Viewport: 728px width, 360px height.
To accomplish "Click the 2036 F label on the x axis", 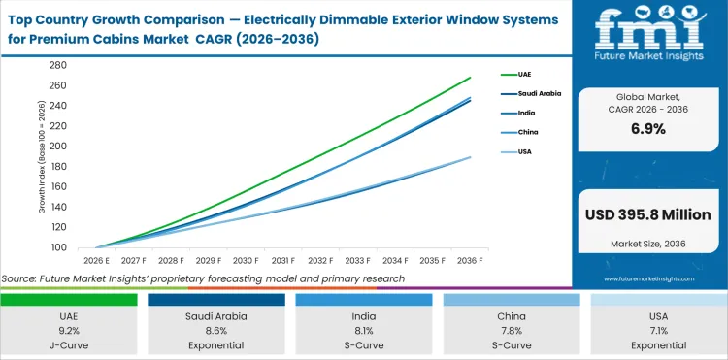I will (470, 261).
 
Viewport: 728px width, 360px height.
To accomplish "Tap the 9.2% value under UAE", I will (70, 329).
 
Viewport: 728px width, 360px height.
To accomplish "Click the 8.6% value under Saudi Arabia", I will (217, 329).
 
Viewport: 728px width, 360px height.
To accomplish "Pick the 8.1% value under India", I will (364, 329).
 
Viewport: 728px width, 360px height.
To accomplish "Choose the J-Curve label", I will (70, 344).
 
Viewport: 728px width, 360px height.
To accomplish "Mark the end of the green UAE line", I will (471, 78).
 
